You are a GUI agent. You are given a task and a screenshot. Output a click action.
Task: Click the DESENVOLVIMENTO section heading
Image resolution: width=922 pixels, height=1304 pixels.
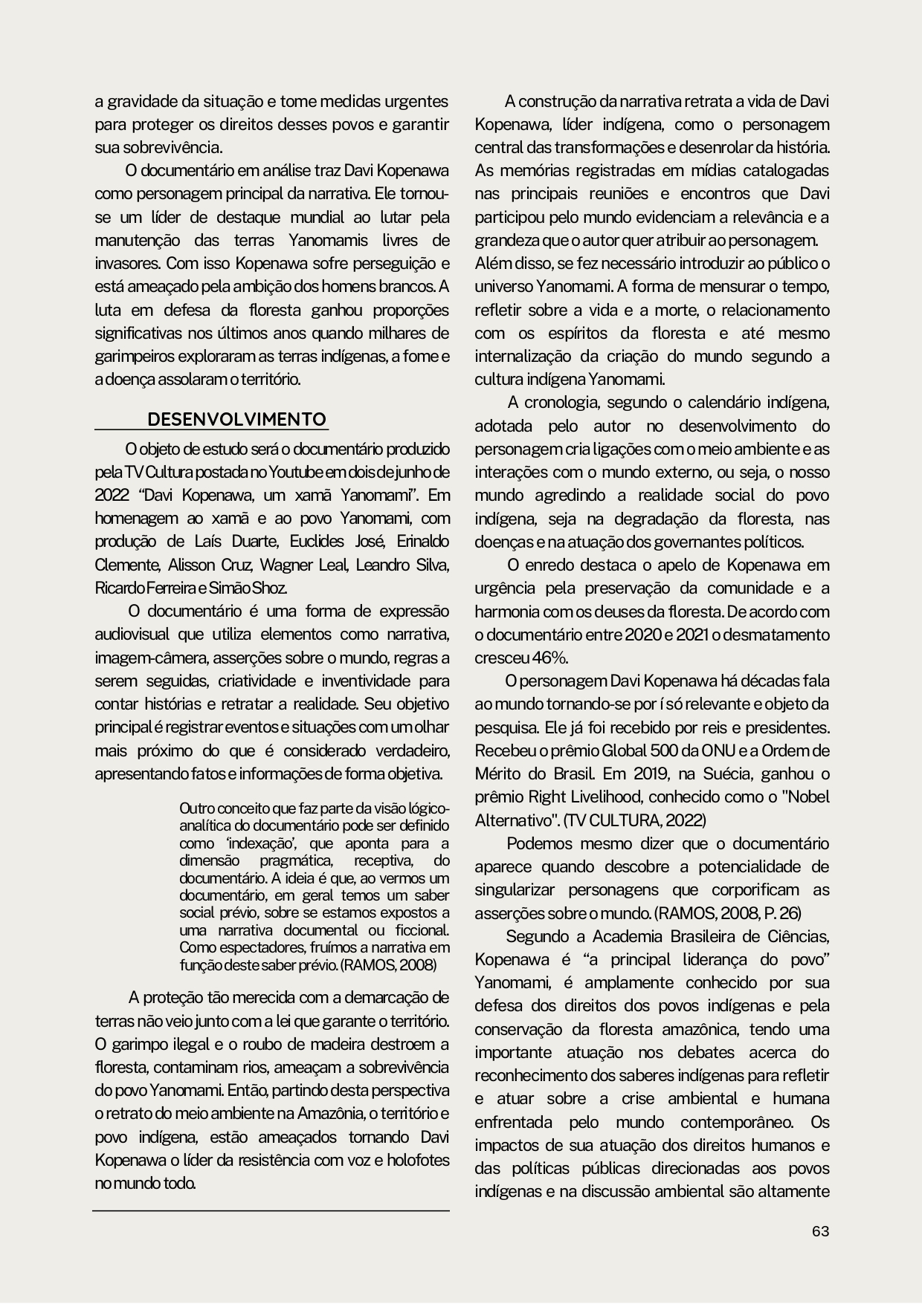pyautogui.click(x=237, y=420)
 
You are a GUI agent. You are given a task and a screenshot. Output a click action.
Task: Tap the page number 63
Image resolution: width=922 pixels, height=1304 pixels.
pyautogui.click(x=820, y=1231)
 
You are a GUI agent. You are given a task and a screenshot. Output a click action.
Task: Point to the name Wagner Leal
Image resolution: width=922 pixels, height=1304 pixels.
pyautogui.click(x=303, y=565)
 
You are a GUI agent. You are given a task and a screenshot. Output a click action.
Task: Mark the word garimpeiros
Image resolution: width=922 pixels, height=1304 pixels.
pyautogui.click(x=132, y=357)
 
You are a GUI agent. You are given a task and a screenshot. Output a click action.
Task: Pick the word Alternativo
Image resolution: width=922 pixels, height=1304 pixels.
pyautogui.click(x=514, y=820)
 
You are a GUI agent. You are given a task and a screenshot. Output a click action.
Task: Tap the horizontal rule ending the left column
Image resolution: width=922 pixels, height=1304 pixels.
pyautogui.click(x=271, y=1211)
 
